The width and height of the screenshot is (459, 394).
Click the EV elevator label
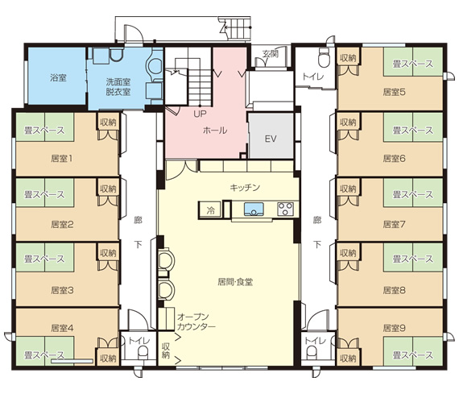click(271, 139)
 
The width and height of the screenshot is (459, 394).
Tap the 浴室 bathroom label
click(58, 77)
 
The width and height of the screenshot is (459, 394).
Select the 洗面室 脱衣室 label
click(118, 87)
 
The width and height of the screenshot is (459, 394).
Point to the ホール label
click(215, 130)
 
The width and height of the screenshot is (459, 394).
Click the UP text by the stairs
click(200, 114)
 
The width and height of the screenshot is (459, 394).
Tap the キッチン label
click(245, 187)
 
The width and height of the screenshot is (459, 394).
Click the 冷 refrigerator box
click(210, 210)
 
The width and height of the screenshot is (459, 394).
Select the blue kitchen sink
click(254, 209)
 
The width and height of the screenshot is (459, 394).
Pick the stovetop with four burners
click(285, 209)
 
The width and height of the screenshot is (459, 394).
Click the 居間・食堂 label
click(235, 282)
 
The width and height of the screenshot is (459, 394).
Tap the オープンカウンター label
click(196, 321)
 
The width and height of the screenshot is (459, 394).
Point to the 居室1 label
click(62, 159)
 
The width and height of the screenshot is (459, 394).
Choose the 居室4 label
click(62, 328)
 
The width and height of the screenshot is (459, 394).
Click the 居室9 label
click(395, 328)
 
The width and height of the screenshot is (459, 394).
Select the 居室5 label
click(395, 92)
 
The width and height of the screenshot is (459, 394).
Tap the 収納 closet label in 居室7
click(348, 189)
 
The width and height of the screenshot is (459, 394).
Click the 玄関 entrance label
click(270, 54)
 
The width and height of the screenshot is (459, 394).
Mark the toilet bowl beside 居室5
click(325, 58)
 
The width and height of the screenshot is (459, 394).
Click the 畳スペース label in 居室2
click(44, 194)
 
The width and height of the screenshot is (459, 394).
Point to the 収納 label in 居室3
click(108, 253)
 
